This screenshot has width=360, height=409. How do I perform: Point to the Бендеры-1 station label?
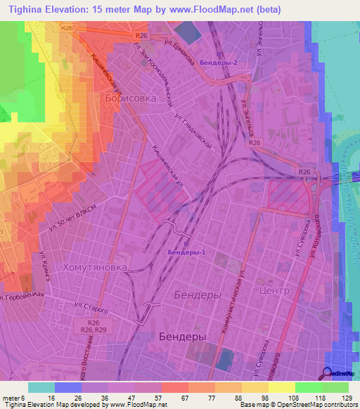tap(186, 252)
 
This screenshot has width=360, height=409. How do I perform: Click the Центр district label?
tap(274, 290)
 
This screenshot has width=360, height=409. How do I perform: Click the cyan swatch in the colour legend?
tap(41, 387)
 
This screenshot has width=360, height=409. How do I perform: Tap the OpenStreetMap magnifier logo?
tap(328, 373)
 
